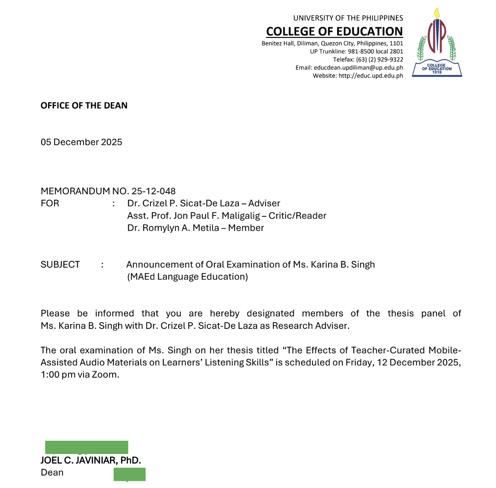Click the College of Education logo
pos(437,43)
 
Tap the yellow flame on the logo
pos(437,13)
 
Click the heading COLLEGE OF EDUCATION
pos(334,31)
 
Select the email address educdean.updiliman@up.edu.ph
pos(358,68)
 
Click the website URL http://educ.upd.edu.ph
pos(371,76)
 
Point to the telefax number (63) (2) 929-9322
pos(379,60)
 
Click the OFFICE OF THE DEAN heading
pos(84,106)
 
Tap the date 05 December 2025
pos(81,142)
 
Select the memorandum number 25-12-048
pos(153,191)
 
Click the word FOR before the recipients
pos(50,203)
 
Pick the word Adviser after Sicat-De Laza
pos(264,203)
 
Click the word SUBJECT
pos(60,265)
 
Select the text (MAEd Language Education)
pos(187,277)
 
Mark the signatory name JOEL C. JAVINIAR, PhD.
pos(91,460)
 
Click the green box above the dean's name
pos(86,447)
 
